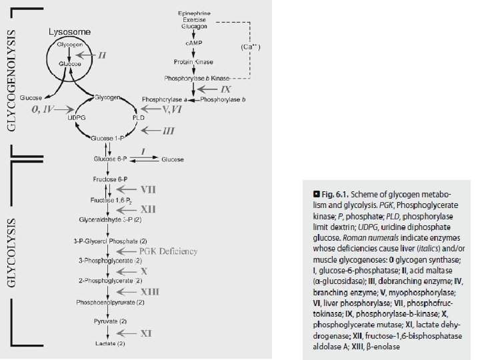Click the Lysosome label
pyautogui.click(x=69, y=31)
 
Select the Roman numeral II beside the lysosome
pyautogui.click(x=102, y=55)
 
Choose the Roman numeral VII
pyautogui.click(x=150, y=189)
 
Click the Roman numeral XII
pyautogui.click(x=150, y=209)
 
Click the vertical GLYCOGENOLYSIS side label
pyautogui.click(x=12, y=77)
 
